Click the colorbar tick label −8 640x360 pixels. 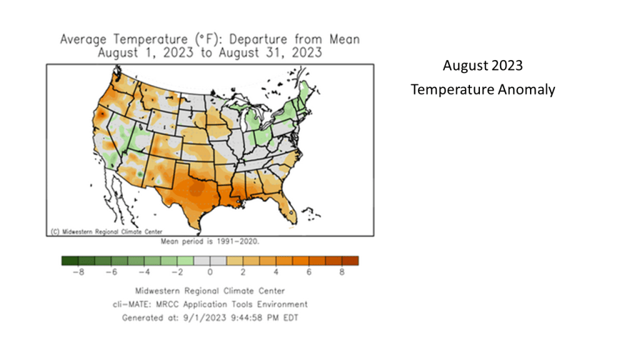pos(77,272)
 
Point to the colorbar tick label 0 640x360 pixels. pos(210,272)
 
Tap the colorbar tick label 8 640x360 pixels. pos(342,272)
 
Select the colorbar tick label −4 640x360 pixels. pos(143,272)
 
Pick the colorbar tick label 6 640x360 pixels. pos(309,272)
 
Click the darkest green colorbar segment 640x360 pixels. pos(69,261)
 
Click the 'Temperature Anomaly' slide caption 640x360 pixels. pos(482,89)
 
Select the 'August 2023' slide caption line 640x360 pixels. pos(482,66)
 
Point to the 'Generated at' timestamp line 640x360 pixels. pos(210,317)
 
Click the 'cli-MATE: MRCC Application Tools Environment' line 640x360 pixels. pos(210,304)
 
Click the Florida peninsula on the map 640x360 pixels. pos(290,207)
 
